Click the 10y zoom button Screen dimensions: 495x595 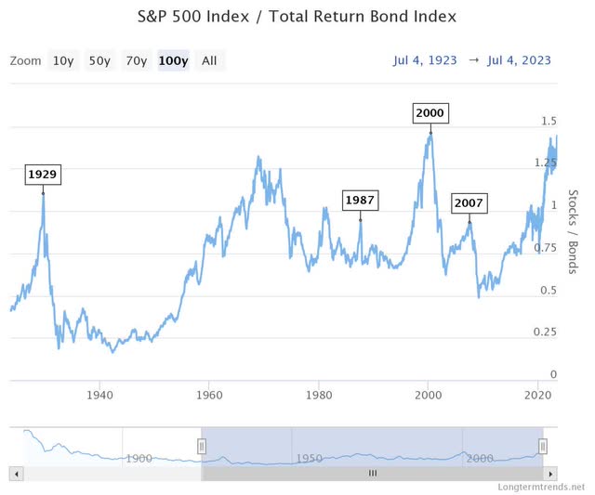(63, 61)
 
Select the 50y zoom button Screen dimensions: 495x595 (99, 61)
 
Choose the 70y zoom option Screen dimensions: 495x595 (137, 61)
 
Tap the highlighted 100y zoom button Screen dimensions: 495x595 (174, 61)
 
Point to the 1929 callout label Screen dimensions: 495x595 (43, 174)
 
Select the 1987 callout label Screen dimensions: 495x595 (360, 200)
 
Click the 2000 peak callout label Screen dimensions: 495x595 (430, 113)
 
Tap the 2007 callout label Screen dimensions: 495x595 (469, 203)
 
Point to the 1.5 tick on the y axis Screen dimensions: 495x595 (549, 122)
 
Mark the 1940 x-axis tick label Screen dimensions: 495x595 (99, 393)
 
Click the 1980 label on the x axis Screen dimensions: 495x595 (318, 393)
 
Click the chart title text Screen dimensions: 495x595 (297, 17)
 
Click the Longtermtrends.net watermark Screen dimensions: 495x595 (542, 486)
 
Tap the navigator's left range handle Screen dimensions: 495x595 (200, 446)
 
